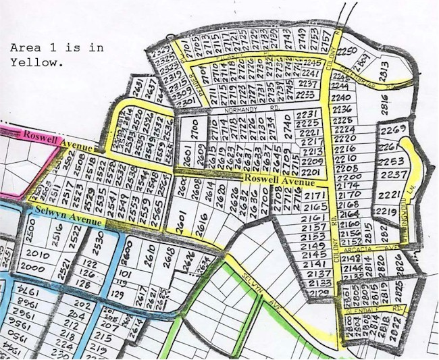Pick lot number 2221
click(x=391, y=195)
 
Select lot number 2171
click(x=315, y=196)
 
